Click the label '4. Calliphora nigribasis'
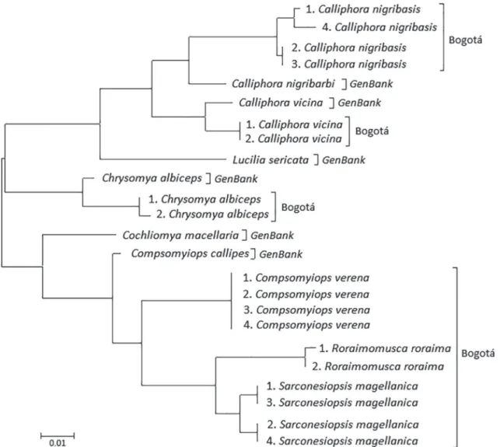(379, 27)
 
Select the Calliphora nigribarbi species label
(283, 84)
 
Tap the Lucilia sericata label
(271, 159)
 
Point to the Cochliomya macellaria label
(180, 236)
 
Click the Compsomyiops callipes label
(190, 253)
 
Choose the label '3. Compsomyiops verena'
(306, 310)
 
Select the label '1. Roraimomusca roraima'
(385, 348)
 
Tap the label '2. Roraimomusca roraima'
(378, 367)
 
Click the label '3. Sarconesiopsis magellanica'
(342, 403)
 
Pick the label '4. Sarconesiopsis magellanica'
(342, 441)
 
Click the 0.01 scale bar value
(58, 443)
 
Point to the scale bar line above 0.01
(58, 435)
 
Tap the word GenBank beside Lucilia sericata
(344, 159)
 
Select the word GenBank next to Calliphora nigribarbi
(371, 84)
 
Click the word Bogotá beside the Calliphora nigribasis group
(465, 40)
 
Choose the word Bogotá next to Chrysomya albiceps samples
(298, 208)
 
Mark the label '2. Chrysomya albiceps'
(212, 215)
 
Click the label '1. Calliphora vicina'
(294, 124)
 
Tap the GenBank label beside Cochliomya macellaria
(272, 236)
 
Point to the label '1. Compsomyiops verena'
(306, 278)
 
